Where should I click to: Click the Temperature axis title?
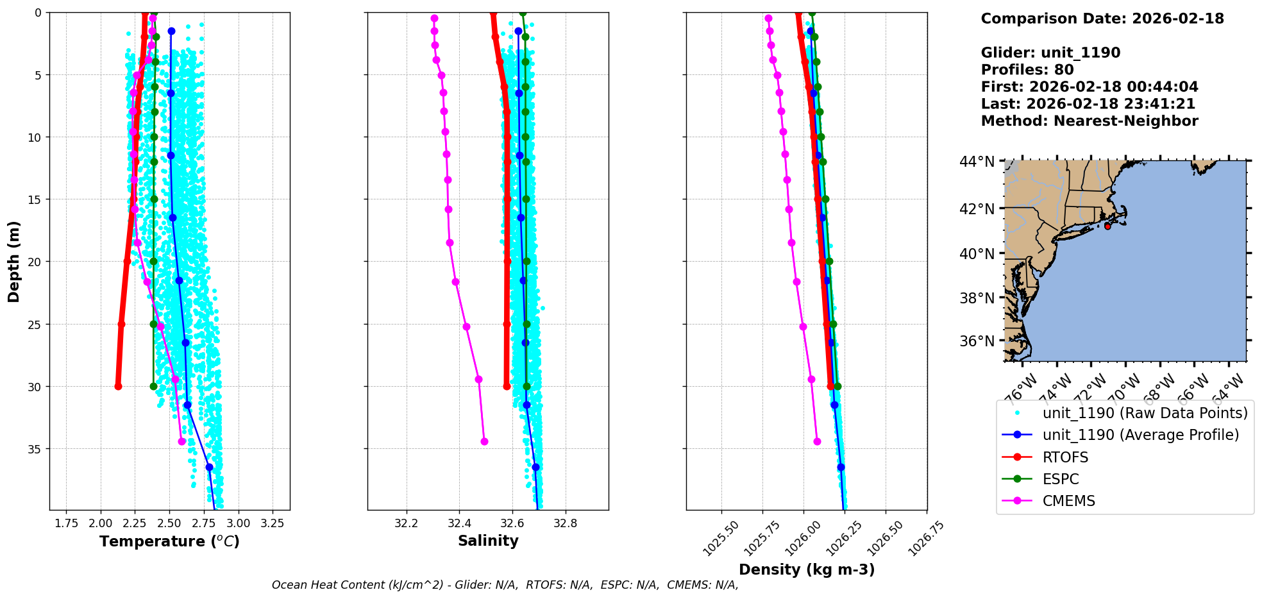click(x=169, y=541)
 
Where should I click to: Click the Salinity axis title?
click(x=488, y=541)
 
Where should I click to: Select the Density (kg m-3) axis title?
click(x=807, y=569)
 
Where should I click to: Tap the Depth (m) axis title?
click(x=14, y=262)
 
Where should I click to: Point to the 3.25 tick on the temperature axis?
click(x=273, y=523)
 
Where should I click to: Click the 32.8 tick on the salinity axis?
click(x=565, y=523)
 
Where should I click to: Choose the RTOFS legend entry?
click(x=1065, y=457)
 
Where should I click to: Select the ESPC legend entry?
click(x=1061, y=479)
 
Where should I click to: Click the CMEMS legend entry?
click(x=1068, y=501)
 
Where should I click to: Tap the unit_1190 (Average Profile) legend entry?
click(x=1140, y=435)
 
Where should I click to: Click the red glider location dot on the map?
click(x=1107, y=226)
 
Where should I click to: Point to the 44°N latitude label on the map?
click(x=977, y=162)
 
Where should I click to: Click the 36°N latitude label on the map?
click(x=977, y=341)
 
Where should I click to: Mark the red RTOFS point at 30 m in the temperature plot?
click(x=118, y=386)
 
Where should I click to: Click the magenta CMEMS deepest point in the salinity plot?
click(x=484, y=441)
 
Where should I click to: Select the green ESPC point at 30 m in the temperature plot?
click(x=153, y=386)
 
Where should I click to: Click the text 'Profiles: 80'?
click(x=1027, y=70)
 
